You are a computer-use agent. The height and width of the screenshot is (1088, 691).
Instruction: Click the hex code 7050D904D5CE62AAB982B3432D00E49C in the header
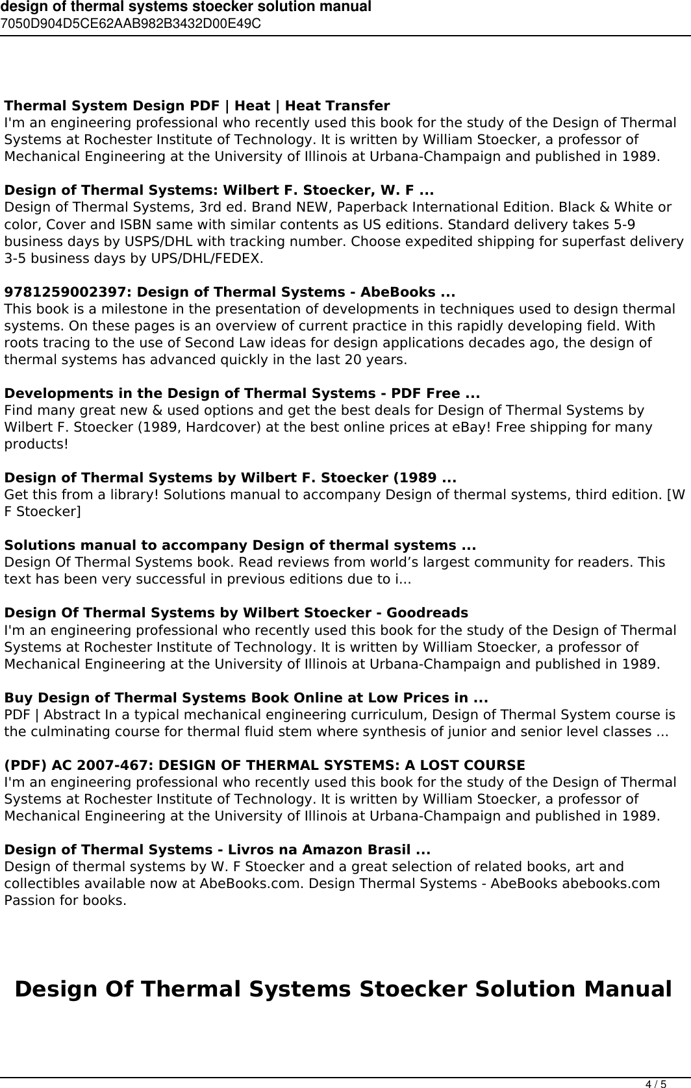coord(131,24)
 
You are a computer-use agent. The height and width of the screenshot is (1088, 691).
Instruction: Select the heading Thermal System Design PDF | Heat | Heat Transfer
coord(197,106)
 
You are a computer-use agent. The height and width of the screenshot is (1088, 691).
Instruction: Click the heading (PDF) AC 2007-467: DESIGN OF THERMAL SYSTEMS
coord(265,765)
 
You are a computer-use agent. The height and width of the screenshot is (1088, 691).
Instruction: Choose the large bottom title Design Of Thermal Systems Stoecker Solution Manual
coord(343,989)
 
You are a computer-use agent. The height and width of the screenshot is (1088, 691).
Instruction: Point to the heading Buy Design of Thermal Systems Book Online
coord(247,698)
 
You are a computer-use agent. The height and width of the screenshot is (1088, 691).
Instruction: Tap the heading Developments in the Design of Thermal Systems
coord(242,393)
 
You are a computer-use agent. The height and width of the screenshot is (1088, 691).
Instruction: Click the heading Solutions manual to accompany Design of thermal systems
coord(240,545)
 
